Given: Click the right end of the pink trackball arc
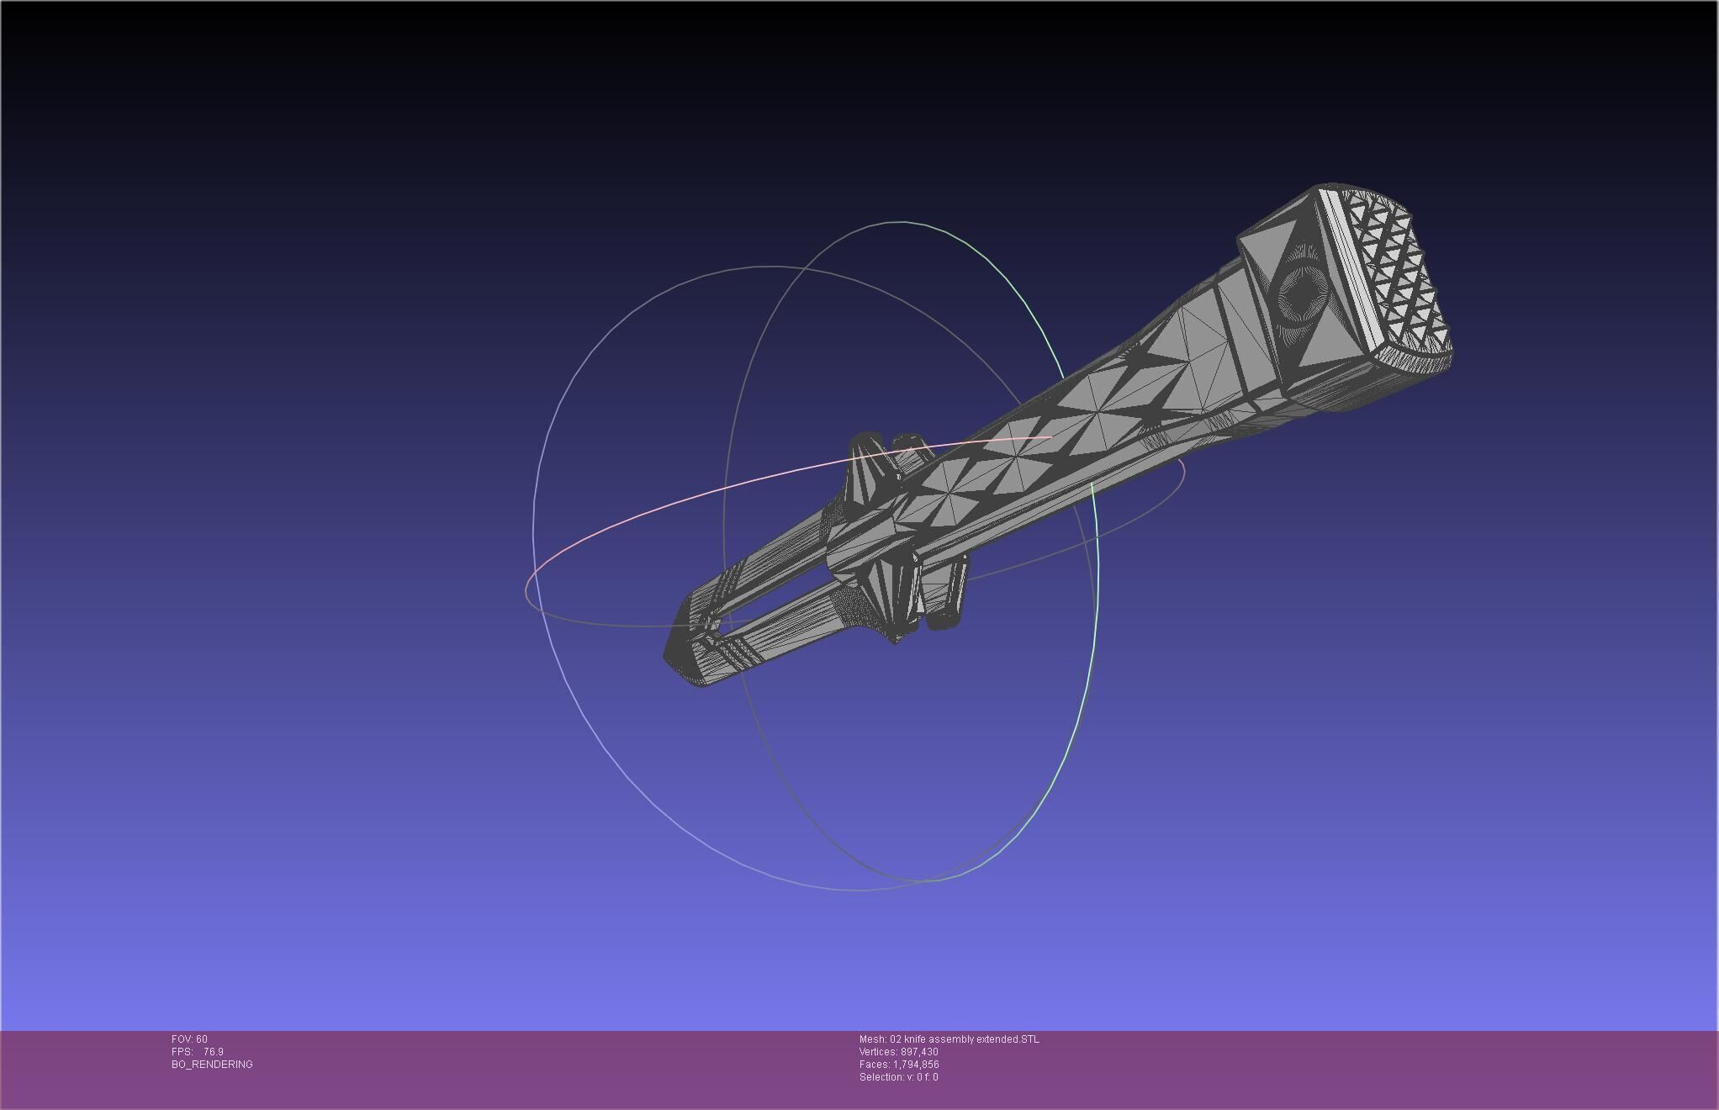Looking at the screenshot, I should [1050, 437].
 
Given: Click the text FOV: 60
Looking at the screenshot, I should [189, 1039].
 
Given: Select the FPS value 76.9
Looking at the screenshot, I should [214, 1052].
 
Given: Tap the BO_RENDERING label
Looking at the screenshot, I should [212, 1065].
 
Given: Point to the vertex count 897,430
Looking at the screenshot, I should [918, 1052].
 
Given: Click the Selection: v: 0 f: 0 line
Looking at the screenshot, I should [898, 1077].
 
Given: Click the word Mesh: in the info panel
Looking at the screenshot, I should [872, 1039].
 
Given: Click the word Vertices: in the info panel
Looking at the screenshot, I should [878, 1052].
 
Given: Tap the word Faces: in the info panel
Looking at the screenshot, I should [874, 1065].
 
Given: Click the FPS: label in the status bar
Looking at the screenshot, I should [182, 1052].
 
